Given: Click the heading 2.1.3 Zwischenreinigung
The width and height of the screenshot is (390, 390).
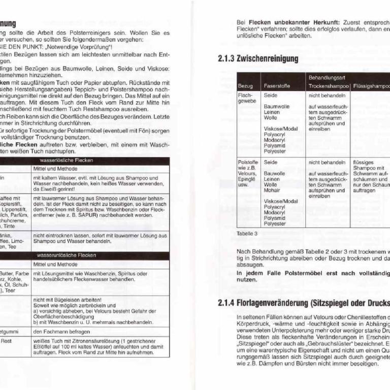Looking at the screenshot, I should [258, 59].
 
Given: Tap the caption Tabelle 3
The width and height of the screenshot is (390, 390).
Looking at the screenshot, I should [247, 233].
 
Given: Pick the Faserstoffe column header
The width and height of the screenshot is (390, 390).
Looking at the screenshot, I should [277, 86].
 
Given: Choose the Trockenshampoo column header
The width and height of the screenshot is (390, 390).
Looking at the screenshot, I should [328, 86].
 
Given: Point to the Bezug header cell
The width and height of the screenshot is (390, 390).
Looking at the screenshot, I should [245, 86].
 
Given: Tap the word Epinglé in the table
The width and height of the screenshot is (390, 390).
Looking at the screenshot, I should [246, 179].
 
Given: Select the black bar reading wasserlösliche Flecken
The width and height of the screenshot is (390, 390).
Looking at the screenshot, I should [100, 160].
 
